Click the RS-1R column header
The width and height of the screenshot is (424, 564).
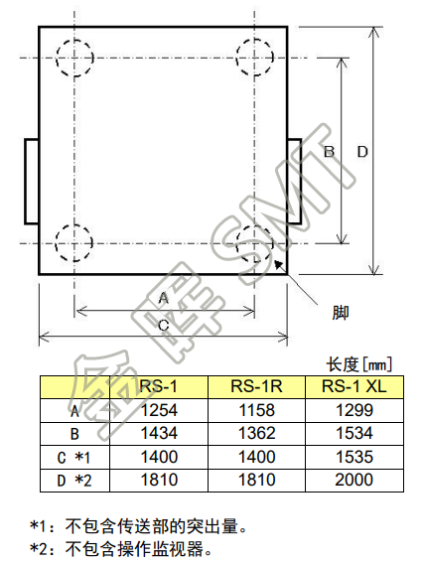tap(256, 386)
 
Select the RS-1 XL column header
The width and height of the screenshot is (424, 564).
tap(353, 386)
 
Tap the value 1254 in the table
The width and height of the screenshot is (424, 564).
tap(159, 410)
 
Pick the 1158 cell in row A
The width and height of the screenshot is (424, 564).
tap(257, 410)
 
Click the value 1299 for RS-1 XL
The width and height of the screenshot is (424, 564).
tap(354, 410)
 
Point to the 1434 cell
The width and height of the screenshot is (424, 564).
tap(159, 433)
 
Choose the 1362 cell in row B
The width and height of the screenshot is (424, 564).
tap(257, 433)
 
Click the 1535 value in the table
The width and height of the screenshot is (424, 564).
tap(354, 457)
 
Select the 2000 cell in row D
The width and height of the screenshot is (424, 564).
tap(354, 480)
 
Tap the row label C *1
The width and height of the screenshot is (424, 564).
tap(73, 458)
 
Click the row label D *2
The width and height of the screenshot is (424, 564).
tap(74, 481)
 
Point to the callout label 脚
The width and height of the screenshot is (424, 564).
tap(341, 313)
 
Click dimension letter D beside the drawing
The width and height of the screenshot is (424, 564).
tap(362, 152)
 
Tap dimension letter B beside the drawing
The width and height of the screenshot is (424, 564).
tap(329, 152)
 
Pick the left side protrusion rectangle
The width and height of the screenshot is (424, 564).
tap(25, 182)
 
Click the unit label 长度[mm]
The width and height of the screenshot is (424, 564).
tap(358, 364)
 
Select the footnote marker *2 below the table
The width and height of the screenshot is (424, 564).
tap(39, 549)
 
